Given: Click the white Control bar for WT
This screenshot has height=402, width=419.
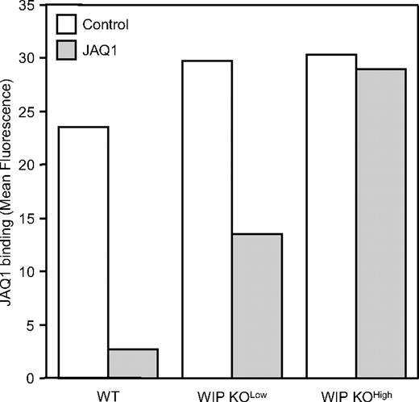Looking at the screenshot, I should (x=84, y=252).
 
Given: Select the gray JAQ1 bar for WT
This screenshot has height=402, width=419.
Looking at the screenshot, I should (x=133, y=363).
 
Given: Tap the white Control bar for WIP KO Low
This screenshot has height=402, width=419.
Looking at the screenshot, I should (x=208, y=219).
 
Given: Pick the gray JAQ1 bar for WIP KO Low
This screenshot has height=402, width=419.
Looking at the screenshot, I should (x=257, y=306).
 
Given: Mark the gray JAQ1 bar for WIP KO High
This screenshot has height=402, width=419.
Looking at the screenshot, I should (x=380, y=223).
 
